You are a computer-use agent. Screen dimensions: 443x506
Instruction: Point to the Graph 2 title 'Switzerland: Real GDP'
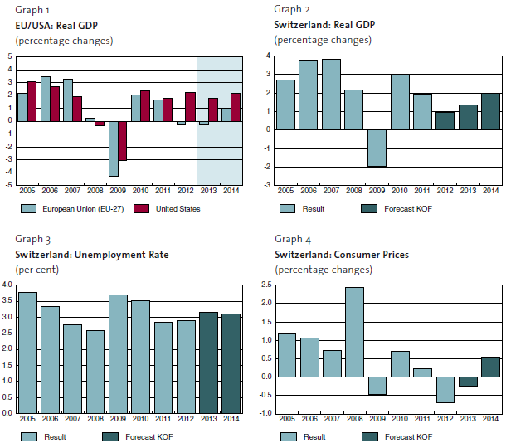click(x=324, y=25)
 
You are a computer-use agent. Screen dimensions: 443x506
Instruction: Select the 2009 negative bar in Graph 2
click(x=377, y=148)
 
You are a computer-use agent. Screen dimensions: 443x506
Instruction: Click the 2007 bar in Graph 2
click(x=331, y=94)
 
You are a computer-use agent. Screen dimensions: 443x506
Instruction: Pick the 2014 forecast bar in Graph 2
click(x=489, y=111)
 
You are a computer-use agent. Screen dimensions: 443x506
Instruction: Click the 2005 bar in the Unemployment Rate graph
click(x=27, y=352)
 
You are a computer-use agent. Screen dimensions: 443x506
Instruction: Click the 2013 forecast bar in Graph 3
click(x=208, y=362)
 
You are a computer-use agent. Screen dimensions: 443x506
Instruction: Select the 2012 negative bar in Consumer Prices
click(x=445, y=389)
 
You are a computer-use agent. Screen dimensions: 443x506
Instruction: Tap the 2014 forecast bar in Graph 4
click(x=489, y=367)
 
